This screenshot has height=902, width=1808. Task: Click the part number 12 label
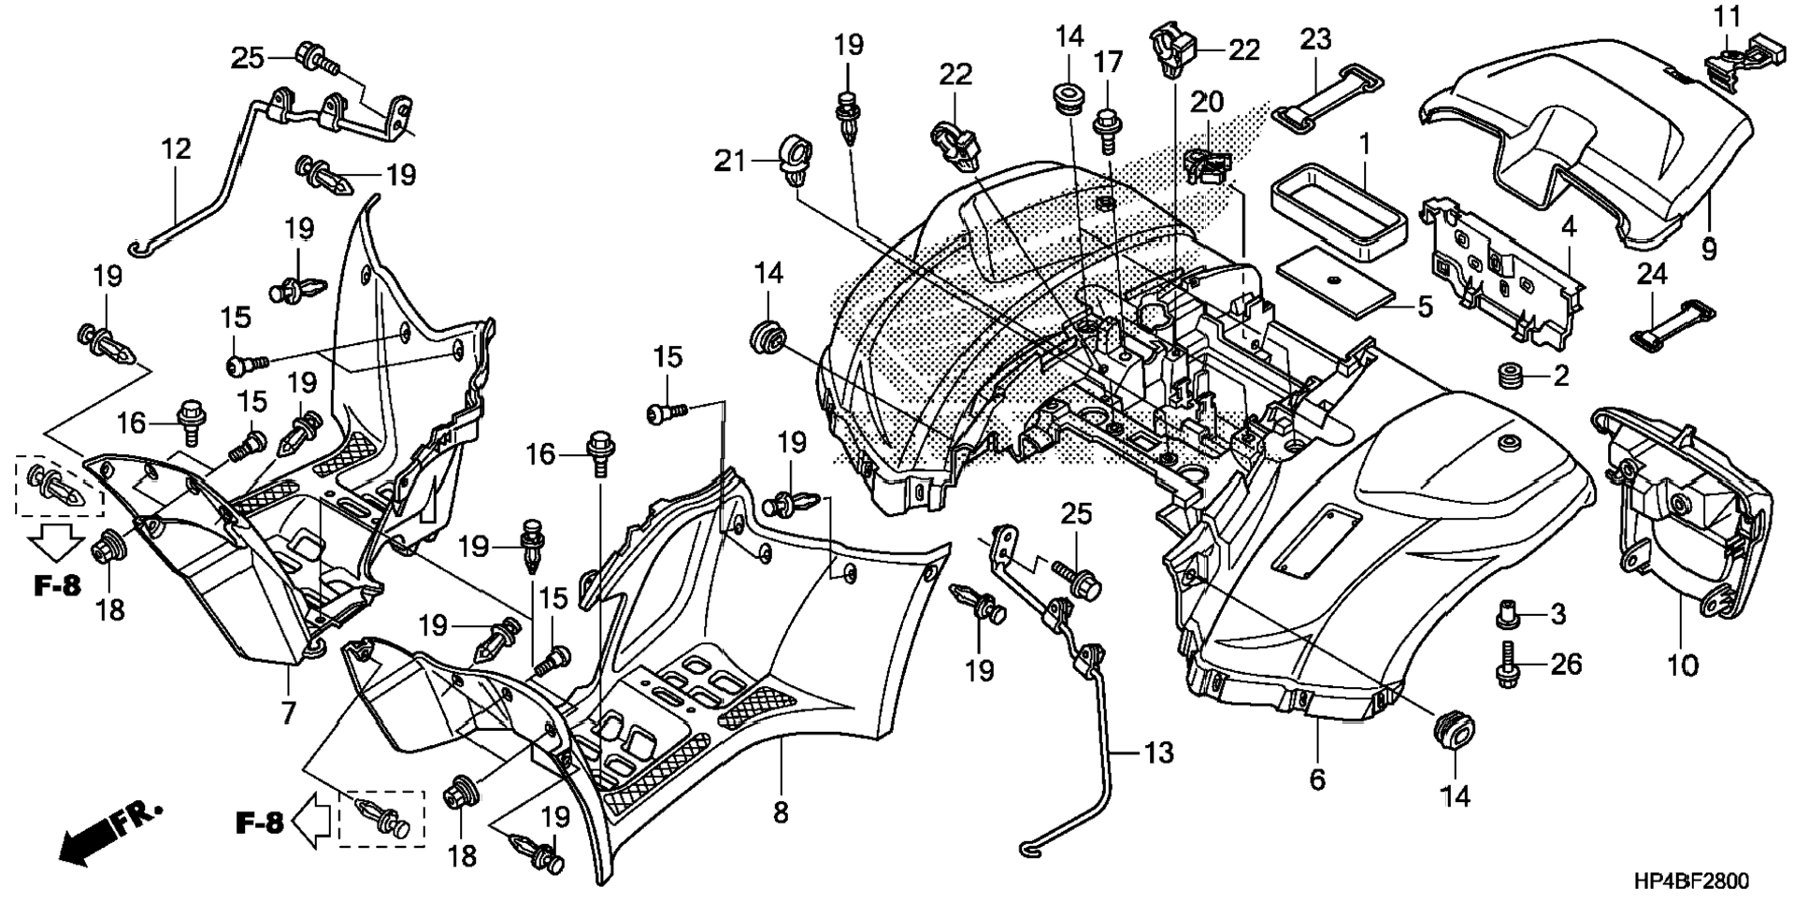[x=176, y=150]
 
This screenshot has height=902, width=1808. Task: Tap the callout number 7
[x=288, y=712]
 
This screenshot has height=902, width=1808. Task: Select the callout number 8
[x=781, y=813]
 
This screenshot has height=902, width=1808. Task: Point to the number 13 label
[x=1158, y=752]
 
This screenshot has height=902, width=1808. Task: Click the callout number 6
[x=1317, y=779]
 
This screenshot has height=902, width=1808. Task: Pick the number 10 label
[x=1682, y=666]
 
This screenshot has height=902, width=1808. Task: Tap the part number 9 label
[x=1709, y=250]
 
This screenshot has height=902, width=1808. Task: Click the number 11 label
[x=1728, y=17]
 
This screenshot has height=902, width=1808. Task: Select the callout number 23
[x=1315, y=39]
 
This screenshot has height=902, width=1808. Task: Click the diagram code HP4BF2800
[x=1692, y=881]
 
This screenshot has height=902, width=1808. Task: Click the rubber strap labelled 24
[x=1673, y=323]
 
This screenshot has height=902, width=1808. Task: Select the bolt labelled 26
[x=1508, y=665]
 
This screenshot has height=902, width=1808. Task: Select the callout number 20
[x=1206, y=101]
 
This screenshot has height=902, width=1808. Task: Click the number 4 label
[x=1568, y=226]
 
